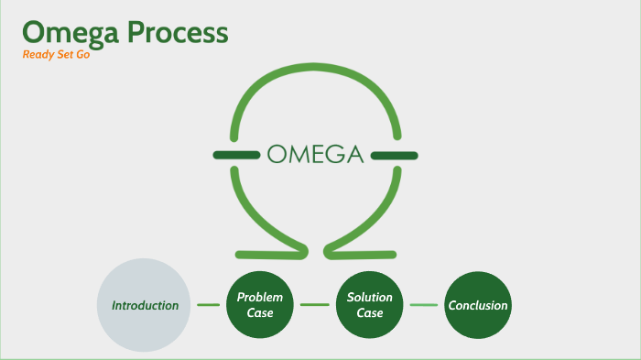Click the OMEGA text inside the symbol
point(316,154)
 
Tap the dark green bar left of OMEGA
point(236,154)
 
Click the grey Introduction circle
point(145,305)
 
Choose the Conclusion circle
point(477,305)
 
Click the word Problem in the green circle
point(260,298)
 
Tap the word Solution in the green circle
point(370,298)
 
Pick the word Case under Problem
point(260,313)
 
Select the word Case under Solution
point(370,313)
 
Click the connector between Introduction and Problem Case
point(209,305)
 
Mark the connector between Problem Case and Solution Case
point(314,305)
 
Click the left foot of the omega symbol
point(266,252)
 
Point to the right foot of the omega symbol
point(366,252)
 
